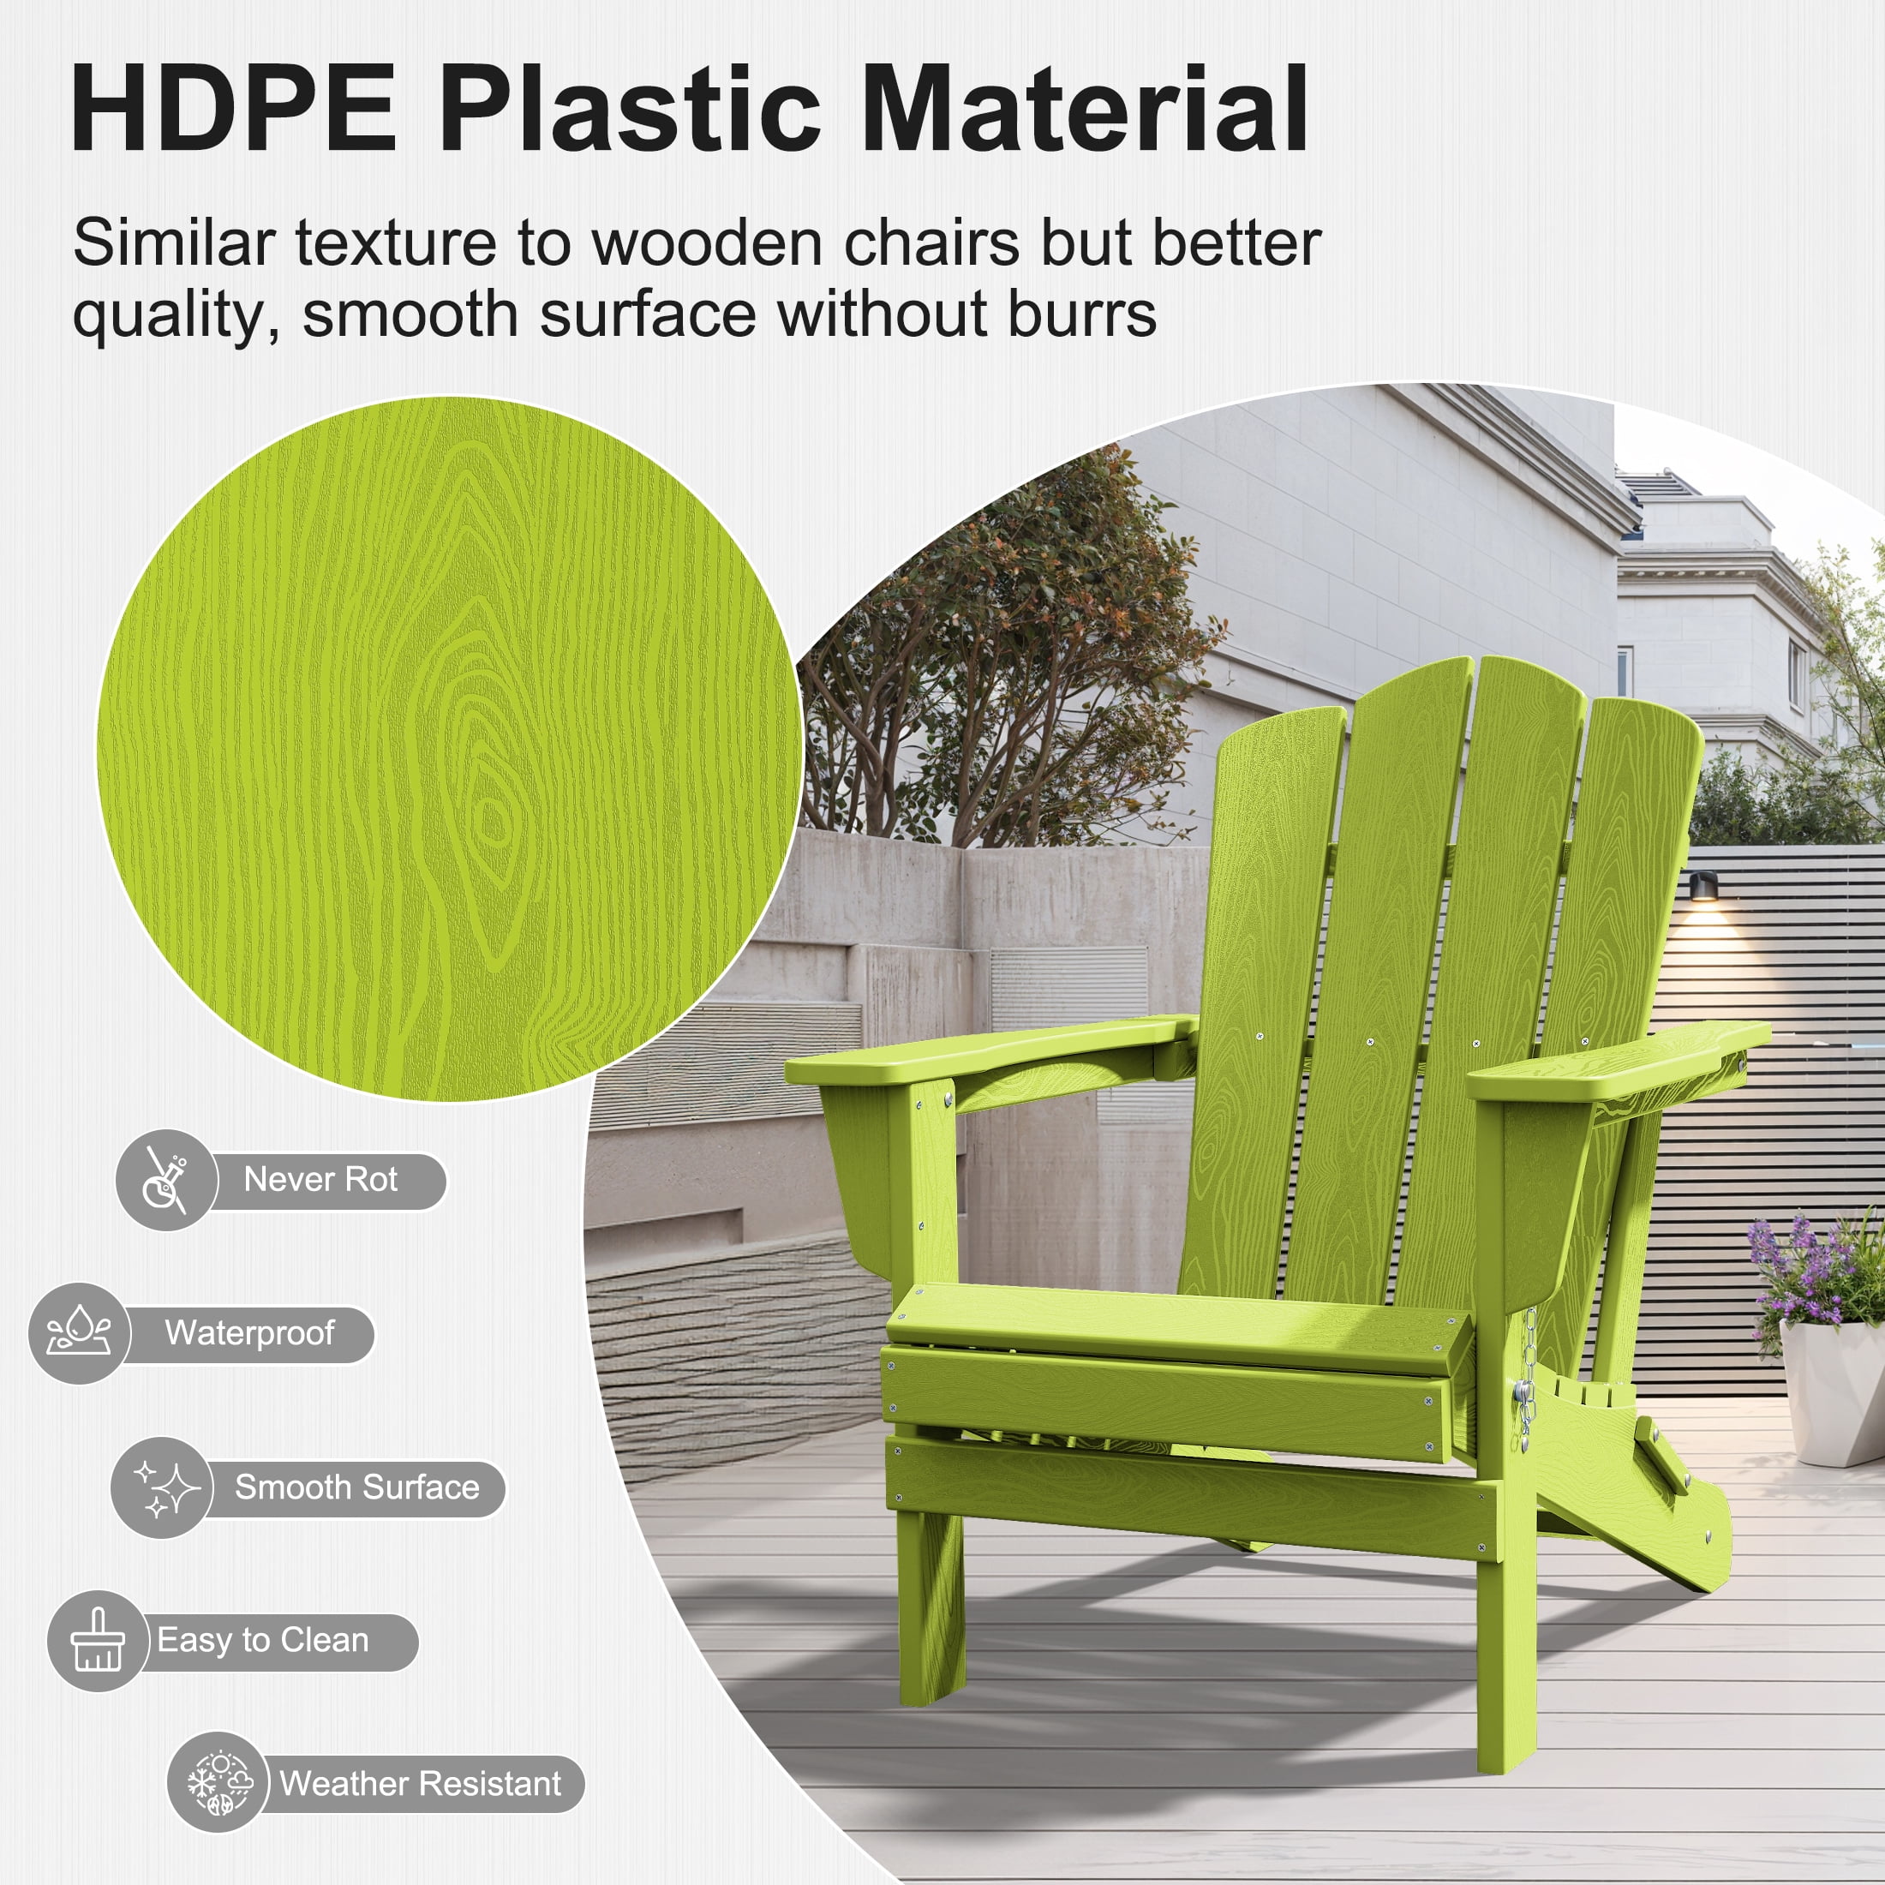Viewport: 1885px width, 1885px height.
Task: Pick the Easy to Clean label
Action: point(263,1641)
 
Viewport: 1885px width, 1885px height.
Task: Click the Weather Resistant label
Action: point(421,1784)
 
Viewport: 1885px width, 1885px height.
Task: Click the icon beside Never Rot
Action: point(166,1181)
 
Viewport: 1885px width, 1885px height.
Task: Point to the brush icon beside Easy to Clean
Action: point(98,1641)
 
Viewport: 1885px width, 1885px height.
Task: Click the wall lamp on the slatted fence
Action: point(1702,886)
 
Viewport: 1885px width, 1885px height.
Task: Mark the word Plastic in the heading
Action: point(631,108)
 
